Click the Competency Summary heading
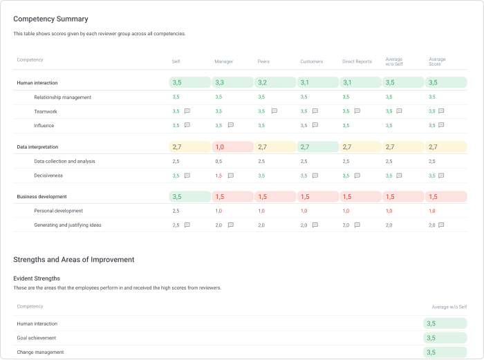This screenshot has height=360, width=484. point(50,19)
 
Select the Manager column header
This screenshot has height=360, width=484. point(223,61)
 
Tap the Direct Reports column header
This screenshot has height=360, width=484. point(357,61)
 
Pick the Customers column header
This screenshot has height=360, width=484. point(311,61)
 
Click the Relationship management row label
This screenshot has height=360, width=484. point(62,97)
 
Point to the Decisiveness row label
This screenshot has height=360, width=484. point(48,176)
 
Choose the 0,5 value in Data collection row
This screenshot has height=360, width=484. point(218,162)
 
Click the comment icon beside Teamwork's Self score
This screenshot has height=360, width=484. point(187,111)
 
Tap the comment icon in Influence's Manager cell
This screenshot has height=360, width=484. point(230,126)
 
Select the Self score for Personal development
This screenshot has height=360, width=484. point(176,211)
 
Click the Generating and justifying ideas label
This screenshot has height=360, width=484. point(67,225)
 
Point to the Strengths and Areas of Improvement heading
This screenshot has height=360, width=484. point(73,260)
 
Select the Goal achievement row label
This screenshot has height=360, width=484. point(36,338)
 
